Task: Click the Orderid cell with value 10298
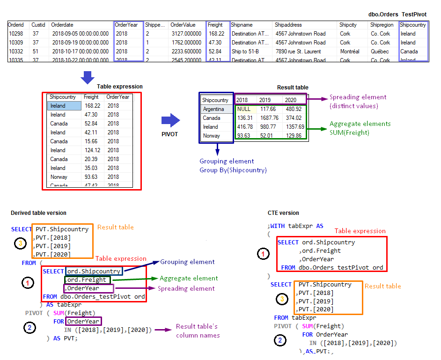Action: [x=16, y=34]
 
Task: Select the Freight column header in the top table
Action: [x=215, y=25]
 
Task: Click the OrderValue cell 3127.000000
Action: [x=186, y=34]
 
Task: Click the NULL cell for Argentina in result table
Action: [x=244, y=109]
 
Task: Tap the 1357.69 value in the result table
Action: [x=293, y=127]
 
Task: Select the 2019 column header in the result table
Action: [x=265, y=100]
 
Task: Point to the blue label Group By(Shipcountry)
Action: [x=233, y=170]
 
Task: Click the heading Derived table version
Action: [x=38, y=213]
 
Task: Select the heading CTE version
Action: [x=283, y=213]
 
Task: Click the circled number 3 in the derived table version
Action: [x=20, y=243]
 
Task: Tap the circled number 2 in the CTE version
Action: [x=280, y=340]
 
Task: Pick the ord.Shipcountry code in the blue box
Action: [x=93, y=271]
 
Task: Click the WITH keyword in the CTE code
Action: [x=279, y=226]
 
